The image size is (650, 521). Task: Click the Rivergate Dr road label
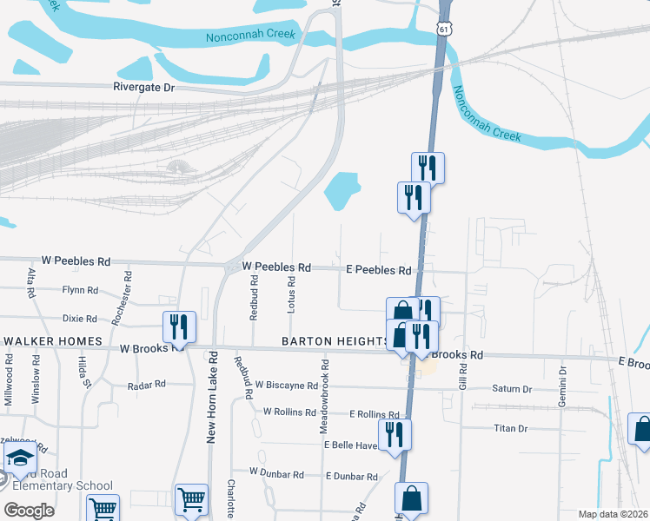(144, 88)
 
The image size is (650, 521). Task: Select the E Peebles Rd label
(378, 271)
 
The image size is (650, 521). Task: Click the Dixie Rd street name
(79, 319)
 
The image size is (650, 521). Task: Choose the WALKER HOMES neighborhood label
(53, 341)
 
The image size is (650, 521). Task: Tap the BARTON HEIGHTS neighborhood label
(334, 341)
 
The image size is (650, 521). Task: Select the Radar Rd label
(146, 385)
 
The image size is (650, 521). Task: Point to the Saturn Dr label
(511, 389)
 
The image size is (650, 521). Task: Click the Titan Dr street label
(511, 428)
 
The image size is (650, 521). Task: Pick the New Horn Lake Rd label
(210, 401)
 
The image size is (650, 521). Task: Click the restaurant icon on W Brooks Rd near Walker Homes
(179, 327)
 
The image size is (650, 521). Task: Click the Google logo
(29, 510)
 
